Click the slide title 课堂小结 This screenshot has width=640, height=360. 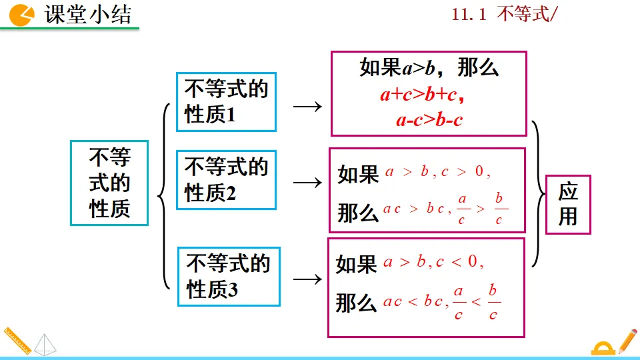click(x=88, y=15)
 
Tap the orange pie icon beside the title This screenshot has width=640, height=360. click(x=22, y=15)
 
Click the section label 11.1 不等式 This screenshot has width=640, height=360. click(x=501, y=15)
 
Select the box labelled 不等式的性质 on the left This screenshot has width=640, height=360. click(x=109, y=183)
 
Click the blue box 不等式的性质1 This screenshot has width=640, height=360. click(x=226, y=101)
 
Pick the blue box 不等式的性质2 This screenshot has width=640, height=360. click(x=226, y=180)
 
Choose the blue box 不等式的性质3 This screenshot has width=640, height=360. click(x=229, y=277)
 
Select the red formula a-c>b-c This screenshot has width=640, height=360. click(x=429, y=121)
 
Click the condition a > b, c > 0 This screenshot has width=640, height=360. click(x=437, y=172)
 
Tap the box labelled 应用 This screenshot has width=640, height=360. click(x=568, y=205)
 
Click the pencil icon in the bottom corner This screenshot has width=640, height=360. click(x=627, y=341)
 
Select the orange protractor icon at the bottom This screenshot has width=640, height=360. click(x=603, y=348)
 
